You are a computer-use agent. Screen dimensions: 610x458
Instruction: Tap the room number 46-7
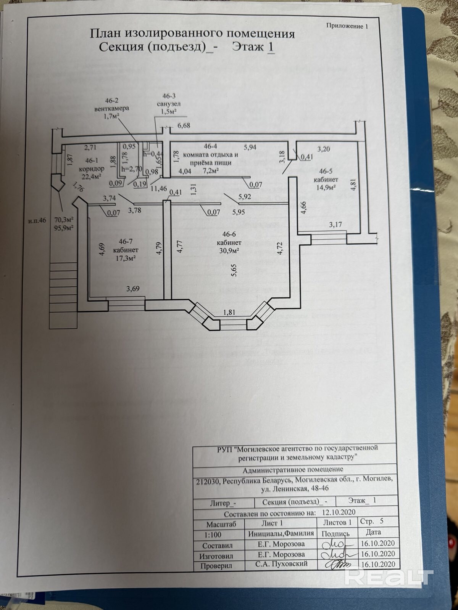click(x=126, y=241)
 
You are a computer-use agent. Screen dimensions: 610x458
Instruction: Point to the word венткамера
click(x=112, y=108)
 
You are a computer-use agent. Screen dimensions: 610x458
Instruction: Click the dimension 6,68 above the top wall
click(x=184, y=126)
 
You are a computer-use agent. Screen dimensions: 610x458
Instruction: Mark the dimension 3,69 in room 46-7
click(x=133, y=289)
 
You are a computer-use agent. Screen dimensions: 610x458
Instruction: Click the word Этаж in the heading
click(x=248, y=47)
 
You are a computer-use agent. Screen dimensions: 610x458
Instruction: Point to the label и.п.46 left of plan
click(x=37, y=220)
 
